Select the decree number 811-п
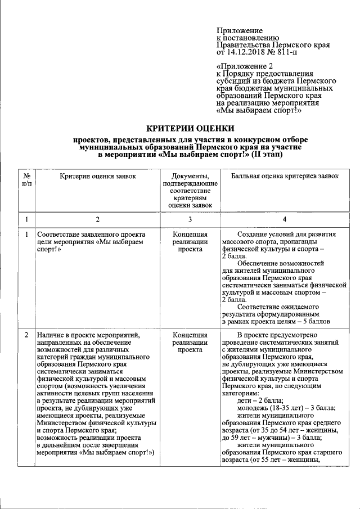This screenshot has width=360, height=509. click(283, 52)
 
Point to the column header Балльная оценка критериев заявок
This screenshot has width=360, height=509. click(285, 176)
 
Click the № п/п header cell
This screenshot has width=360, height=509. click(26, 180)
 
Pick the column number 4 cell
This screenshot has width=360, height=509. click(285, 219)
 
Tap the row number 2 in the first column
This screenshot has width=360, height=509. click(26, 335)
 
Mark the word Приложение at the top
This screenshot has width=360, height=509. click(240, 30)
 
